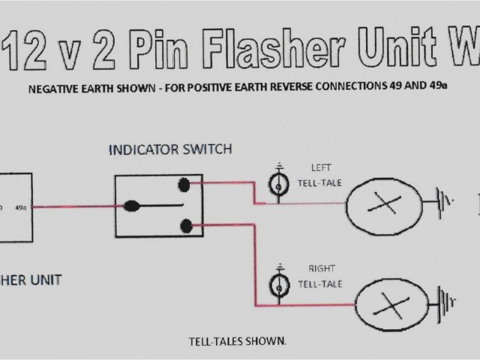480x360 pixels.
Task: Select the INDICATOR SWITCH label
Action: coord(170,149)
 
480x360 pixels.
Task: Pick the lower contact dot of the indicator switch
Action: coord(185,223)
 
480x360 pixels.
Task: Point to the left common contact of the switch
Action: coord(132,205)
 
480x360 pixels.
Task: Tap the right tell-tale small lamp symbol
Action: coord(279,284)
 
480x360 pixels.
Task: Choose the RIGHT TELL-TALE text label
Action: coord(320,275)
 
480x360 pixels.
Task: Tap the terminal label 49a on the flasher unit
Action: coord(21,207)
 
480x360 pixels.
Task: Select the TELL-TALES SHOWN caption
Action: coord(236,342)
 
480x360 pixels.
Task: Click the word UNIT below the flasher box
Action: coord(45,280)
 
